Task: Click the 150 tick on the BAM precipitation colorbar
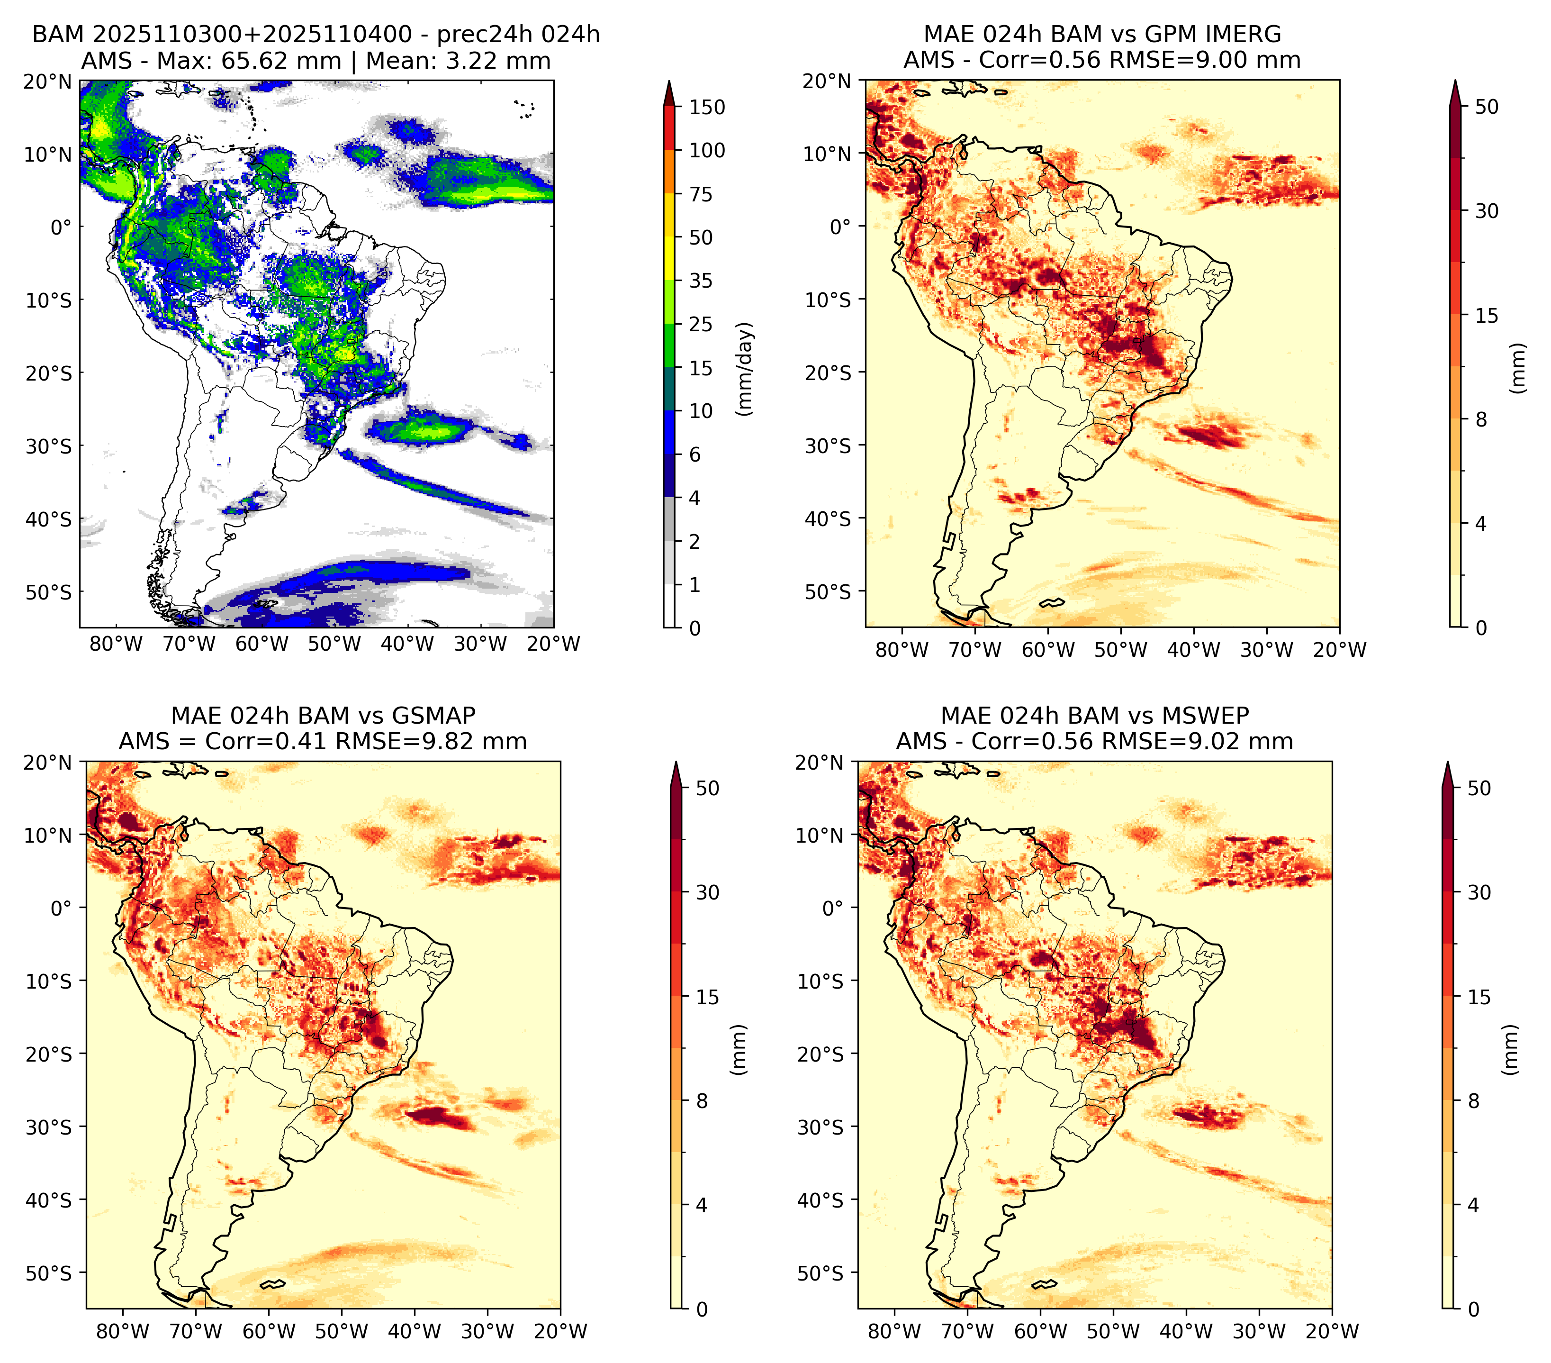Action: tap(706, 107)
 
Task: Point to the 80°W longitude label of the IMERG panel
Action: tap(902, 650)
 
